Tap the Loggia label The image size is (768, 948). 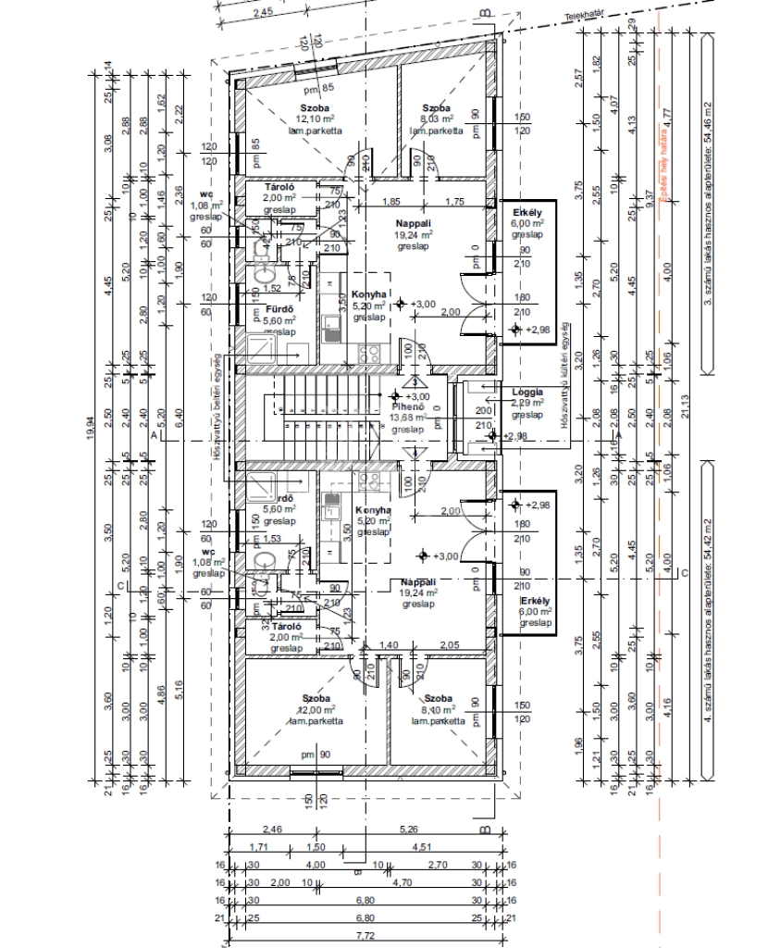(527, 392)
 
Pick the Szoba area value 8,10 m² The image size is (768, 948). (437, 708)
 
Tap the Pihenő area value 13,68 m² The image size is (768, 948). (407, 418)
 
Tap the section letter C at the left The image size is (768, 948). (119, 586)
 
